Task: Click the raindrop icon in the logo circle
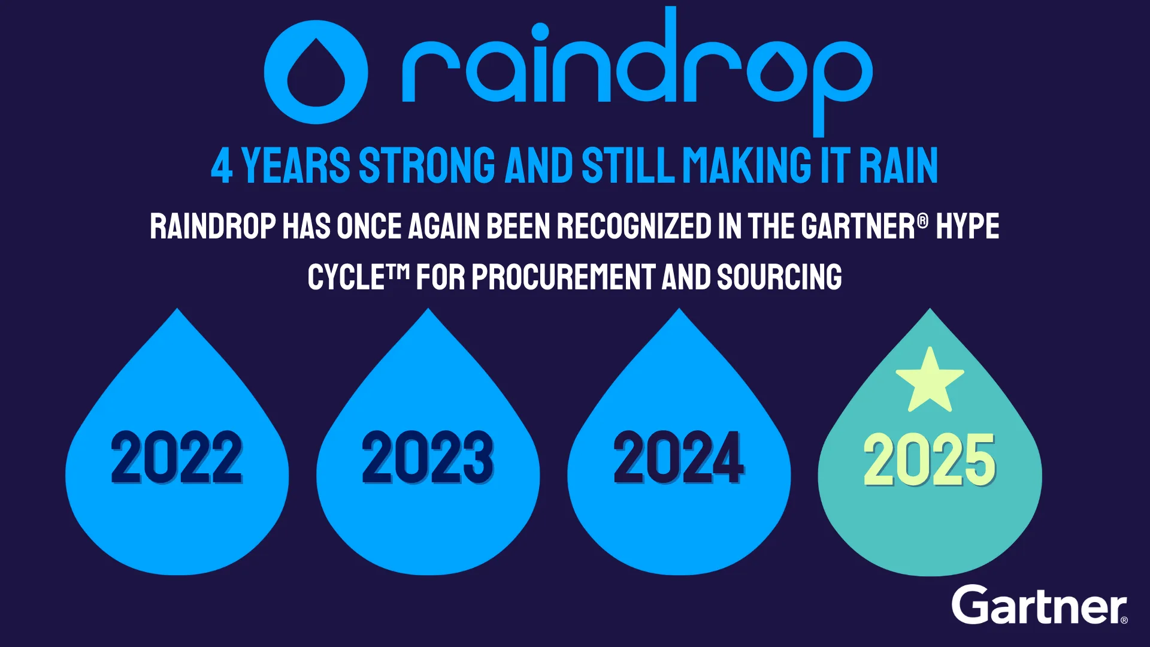316,72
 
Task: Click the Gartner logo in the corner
1039,604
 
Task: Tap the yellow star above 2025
930,380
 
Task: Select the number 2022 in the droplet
177,457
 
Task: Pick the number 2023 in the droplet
428,457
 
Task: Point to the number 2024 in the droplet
679,457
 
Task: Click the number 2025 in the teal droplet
930,459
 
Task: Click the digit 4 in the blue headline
222,166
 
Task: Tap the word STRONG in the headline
427,165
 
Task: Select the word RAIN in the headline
898,165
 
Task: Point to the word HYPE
967,226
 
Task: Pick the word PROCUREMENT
563,277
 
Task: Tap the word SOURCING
779,277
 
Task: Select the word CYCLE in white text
346,277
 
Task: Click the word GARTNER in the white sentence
858,226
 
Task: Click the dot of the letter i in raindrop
540,31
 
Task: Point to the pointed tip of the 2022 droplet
177,309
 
